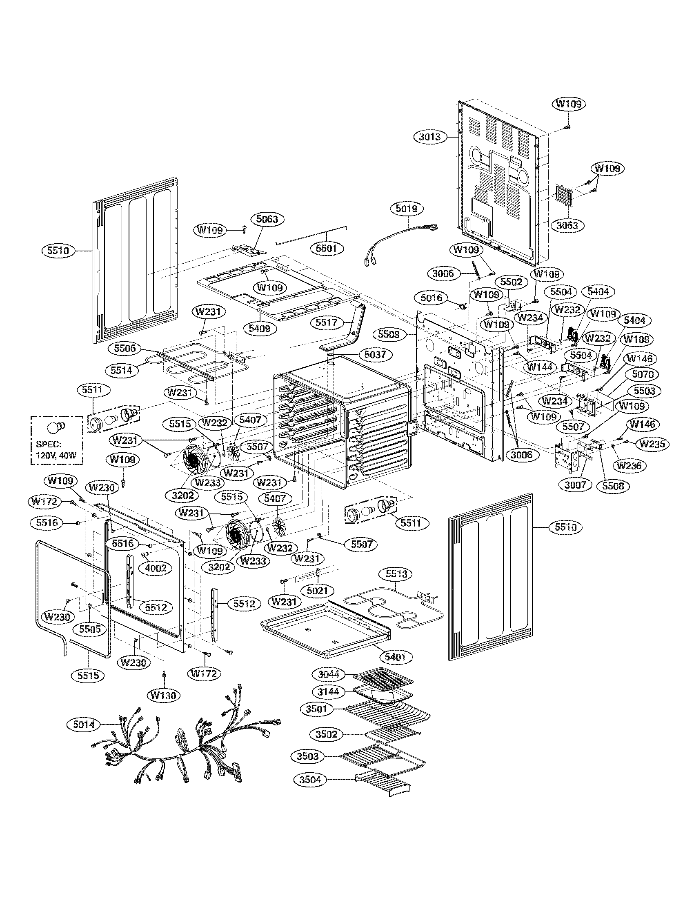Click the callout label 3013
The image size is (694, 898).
430,137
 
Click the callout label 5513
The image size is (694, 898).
396,574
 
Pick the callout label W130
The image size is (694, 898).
163,695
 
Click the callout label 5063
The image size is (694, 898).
267,219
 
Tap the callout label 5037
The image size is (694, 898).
375,354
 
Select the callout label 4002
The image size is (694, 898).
156,568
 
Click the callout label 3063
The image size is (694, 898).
567,225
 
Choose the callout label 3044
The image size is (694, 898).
329,674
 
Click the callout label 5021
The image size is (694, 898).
317,591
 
